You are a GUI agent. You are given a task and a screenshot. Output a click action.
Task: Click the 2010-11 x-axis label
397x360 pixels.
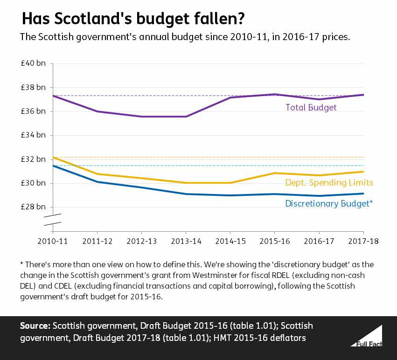coord(53,242)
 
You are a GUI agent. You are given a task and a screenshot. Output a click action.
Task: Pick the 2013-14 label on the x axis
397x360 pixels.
coord(186,242)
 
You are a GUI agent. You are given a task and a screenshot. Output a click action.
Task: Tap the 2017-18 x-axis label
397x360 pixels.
coord(363,242)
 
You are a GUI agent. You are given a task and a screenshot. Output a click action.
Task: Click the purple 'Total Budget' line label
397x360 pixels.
coord(311,107)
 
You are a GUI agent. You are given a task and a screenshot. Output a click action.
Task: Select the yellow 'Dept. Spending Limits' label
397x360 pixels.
coord(329,183)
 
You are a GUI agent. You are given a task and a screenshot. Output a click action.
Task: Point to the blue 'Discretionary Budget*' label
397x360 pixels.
coord(328,203)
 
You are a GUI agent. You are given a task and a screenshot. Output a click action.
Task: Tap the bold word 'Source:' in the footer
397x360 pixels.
coord(35,325)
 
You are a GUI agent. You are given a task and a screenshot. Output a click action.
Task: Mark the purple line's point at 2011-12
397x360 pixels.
coord(97,111)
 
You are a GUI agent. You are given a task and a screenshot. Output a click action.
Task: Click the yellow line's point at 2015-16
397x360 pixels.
coord(275,173)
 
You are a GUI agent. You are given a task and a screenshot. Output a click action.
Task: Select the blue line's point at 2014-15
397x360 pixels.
coord(230,195)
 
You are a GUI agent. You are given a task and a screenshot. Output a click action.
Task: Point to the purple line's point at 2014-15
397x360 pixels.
coord(230,97)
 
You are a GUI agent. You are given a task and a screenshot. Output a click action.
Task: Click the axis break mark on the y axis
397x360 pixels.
coord(53,220)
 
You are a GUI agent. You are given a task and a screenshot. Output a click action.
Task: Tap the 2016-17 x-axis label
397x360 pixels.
coord(319,242)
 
